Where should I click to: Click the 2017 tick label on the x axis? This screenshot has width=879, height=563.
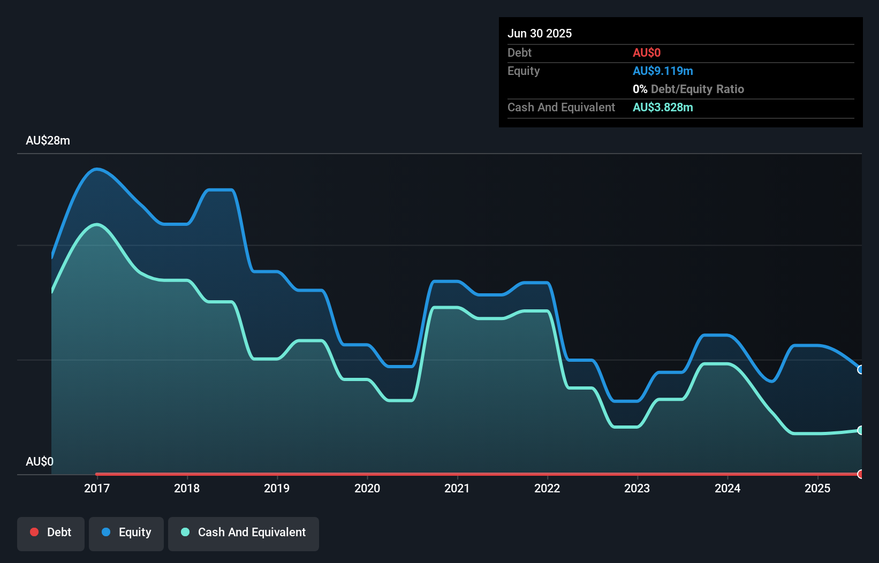(x=96, y=488)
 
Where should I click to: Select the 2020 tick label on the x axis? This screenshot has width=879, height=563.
(x=367, y=488)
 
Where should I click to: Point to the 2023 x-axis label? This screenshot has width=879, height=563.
(x=637, y=488)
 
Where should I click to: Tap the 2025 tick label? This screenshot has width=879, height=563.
(x=817, y=488)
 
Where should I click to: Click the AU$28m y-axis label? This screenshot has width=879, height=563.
(x=48, y=141)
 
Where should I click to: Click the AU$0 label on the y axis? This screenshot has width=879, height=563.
(x=40, y=461)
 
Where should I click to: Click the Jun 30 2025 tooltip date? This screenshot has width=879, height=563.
(x=540, y=33)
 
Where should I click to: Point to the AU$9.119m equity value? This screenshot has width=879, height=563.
(x=663, y=71)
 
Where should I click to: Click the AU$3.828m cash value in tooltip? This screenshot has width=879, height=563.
(x=663, y=108)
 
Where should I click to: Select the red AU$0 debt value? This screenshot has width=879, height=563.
(x=647, y=53)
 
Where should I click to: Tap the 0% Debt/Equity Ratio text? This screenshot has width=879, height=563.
(x=688, y=89)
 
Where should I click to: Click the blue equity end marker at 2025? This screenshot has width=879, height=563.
(x=861, y=370)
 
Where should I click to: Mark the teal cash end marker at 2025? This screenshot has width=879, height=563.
(x=861, y=430)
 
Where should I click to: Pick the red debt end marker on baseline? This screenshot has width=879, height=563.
(x=861, y=474)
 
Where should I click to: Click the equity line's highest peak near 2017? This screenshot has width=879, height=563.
(x=97, y=170)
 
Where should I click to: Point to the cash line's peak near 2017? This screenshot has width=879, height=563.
(x=97, y=225)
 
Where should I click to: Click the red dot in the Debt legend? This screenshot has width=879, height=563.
(x=34, y=532)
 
